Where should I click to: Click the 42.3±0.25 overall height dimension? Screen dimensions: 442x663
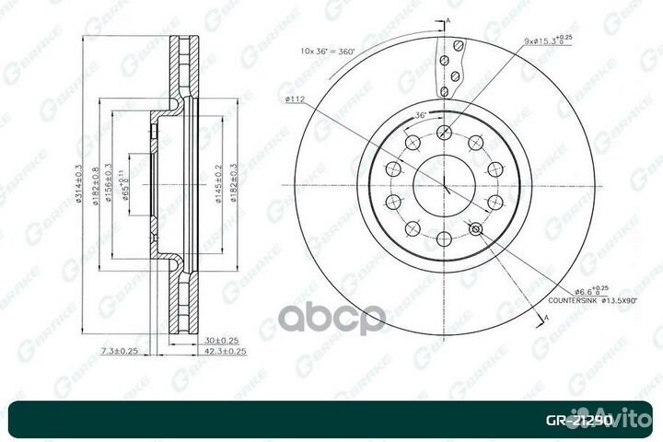226,351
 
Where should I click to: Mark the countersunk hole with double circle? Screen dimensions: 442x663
475,229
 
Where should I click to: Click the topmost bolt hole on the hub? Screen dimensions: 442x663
444,131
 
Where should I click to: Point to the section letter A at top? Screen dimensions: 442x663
448,19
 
